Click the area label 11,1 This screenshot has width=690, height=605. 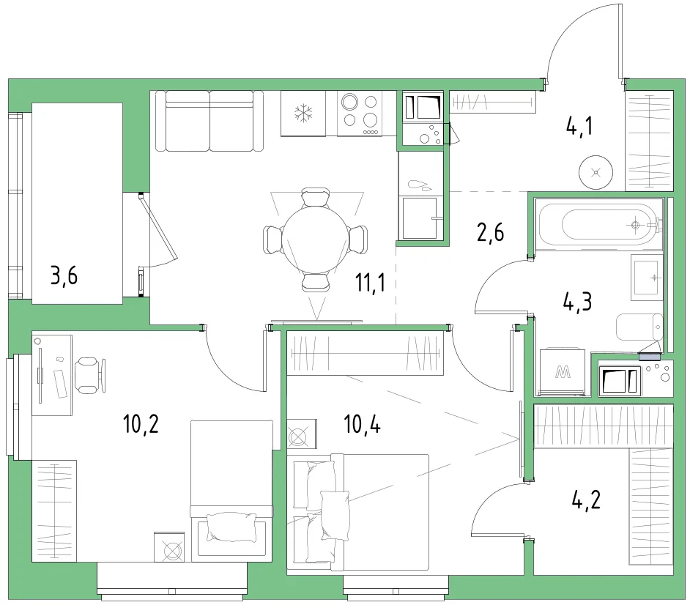pyautogui.click(x=370, y=283)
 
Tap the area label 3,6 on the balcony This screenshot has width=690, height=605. pyautogui.click(x=64, y=276)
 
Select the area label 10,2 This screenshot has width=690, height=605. pyautogui.click(x=141, y=424)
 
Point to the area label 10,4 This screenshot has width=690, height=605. pyautogui.click(x=362, y=424)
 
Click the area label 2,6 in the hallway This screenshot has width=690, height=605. pyautogui.click(x=491, y=232)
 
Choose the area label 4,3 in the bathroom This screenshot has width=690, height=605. pyautogui.click(x=577, y=302)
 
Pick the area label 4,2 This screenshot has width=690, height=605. pyautogui.click(x=586, y=500)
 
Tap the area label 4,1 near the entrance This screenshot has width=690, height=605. pyautogui.click(x=579, y=126)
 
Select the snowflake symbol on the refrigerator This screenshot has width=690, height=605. pyautogui.click(x=303, y=113)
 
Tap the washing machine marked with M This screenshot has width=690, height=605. pyautogui.click(x=563, y=372)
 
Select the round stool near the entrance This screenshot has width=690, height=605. pyautogui.click(x=596, y=172)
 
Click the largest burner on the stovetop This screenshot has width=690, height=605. pyautogui.click(x=350, y=102)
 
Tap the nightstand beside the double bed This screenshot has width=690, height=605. pyautogui.click(x=302, y=434)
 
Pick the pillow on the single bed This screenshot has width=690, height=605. pyautogui.click(x=231, y=527)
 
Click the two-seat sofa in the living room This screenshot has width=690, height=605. pyautogui.click(x=209, y=121)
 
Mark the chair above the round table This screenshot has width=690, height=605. pyautogui.click(x=315, y=198)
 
